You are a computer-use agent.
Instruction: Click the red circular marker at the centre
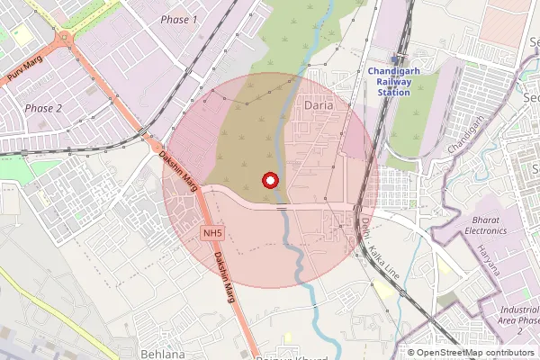point(267,182)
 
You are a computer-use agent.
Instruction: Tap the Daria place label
point(319,106)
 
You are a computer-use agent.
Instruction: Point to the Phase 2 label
point(43,108)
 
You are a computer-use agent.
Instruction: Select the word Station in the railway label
point(392,92)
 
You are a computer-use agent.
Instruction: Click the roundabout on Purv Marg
point(64,40)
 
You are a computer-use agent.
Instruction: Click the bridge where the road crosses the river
point(283,206)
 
